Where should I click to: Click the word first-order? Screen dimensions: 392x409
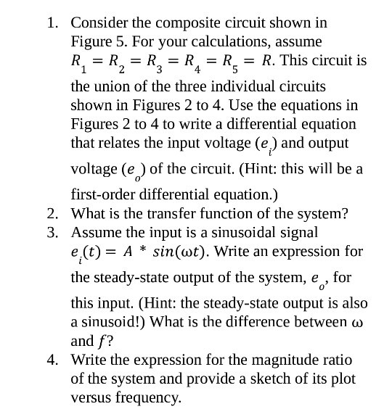pyautogui.click(x=107, y=194)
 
